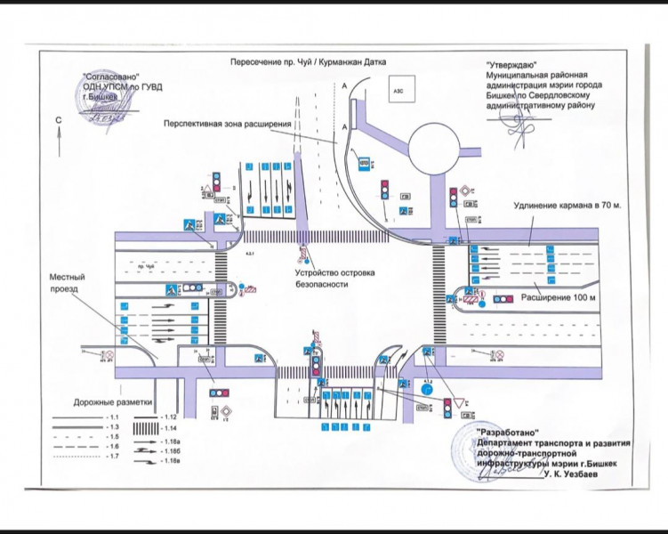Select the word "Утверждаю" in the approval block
pos(510,66)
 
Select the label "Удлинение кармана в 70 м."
pos(567,206)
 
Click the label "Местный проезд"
pos(65,284)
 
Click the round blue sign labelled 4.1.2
pos(426,389)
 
